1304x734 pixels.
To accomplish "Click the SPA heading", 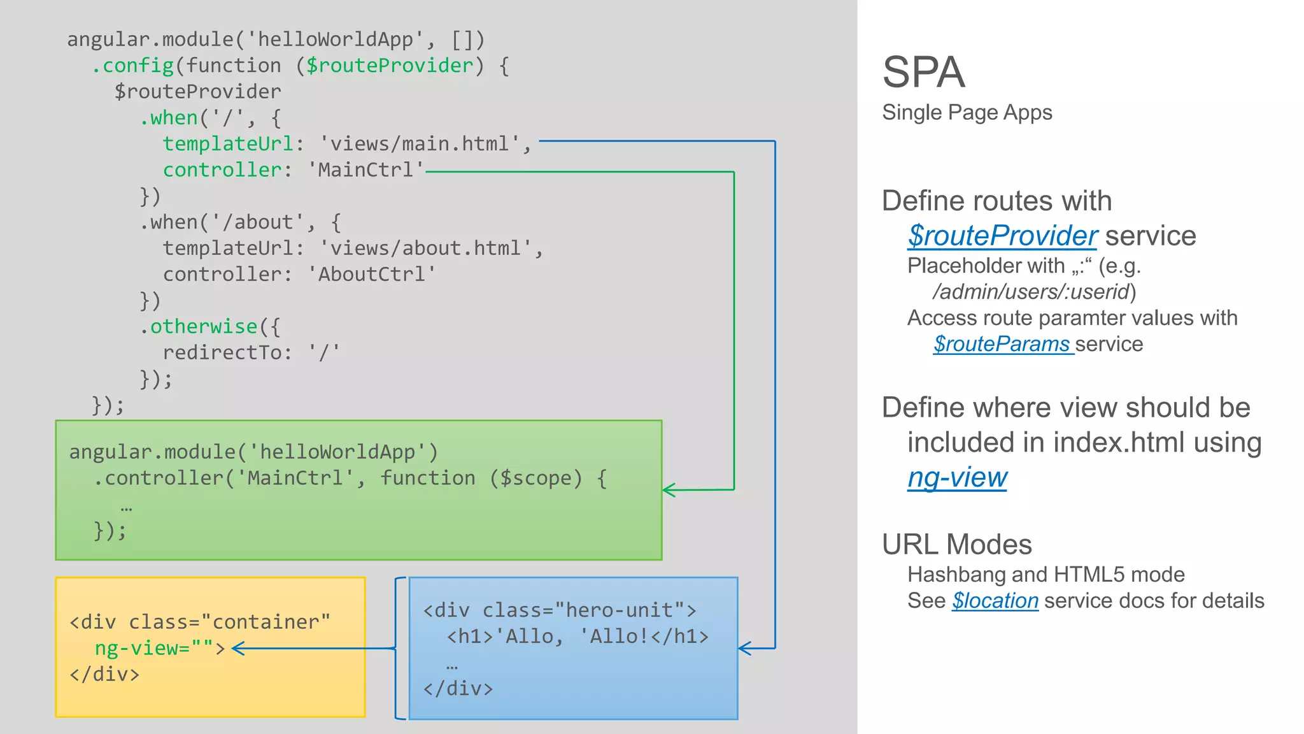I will pyautogui.click(x=923, y=72).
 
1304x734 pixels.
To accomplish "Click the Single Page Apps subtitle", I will pyautogui.click(x=967, y=113).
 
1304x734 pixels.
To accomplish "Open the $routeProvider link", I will pyautogui.click(x=1002, y=236).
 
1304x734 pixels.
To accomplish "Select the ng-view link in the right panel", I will pyautogui.click(x=957, y=477).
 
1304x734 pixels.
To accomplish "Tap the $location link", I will pyautogui.click(x=995, y=601).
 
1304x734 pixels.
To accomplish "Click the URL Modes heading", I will pyautogui.click(x=956, y=545).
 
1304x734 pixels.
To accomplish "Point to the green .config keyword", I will pyautogui.click(x=132, y=66).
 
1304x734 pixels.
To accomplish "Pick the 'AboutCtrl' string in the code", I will pyautogui.click(x=372, y=275).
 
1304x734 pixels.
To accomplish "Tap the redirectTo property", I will pyautogui.click(x=223, y=352).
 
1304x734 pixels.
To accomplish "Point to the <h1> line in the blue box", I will pyautogui.click(x=577, y=637).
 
